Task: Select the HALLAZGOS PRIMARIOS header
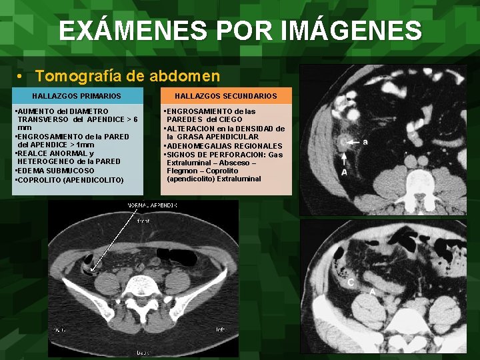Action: pos(77,97)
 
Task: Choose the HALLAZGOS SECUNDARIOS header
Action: pos(225,97)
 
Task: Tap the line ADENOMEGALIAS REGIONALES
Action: pos(224,145)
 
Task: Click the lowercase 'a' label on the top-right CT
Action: pos(365,141)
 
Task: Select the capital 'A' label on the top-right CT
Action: pos(344,173)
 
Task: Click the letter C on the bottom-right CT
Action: pos(351,283)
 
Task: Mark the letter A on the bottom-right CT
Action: pos(372,291)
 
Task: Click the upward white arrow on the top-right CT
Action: pos(344,158)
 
